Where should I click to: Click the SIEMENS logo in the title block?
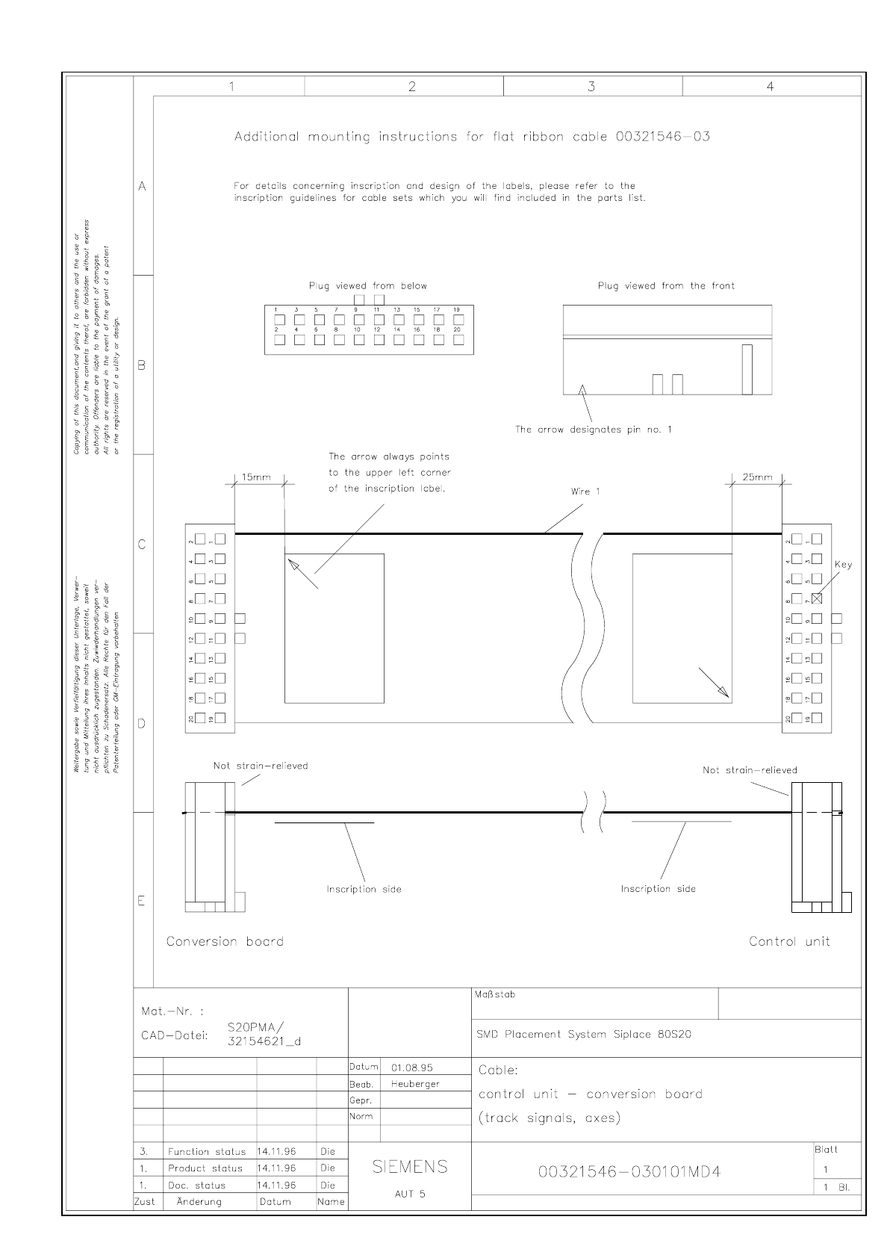(410, 1167)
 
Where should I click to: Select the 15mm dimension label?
(258, 477)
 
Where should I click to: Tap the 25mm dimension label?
(757, 477)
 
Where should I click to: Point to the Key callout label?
(843, 565)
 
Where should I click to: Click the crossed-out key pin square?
(817, 598)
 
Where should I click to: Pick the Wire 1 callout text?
(585, 492)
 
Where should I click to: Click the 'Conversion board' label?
(225, 941)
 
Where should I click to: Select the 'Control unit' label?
(789, 941)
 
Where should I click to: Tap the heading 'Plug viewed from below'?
(368, 285)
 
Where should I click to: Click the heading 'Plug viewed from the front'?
(666, 285)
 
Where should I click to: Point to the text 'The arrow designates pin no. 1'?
(594, 430)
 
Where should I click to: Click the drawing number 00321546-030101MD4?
(629, 1171)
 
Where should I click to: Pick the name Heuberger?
(415, 1084)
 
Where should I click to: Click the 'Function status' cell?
(206, 1152)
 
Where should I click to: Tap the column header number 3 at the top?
(591, 87)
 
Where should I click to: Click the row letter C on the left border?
(142, 545)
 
